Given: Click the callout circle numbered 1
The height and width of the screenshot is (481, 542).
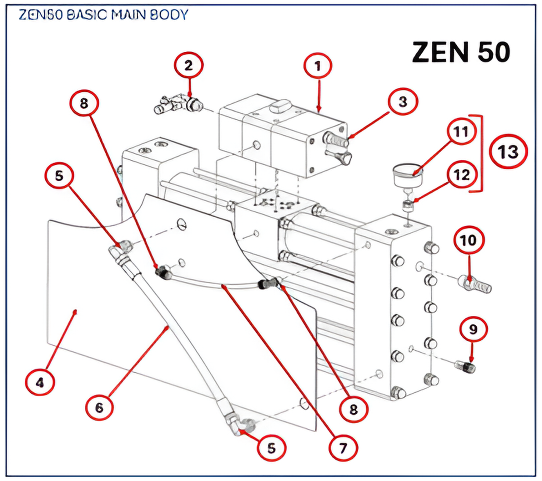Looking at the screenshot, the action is [318, 66].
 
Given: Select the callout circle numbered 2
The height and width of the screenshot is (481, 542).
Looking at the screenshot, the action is [188, 65].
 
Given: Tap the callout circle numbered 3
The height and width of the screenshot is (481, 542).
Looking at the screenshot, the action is [403, 101].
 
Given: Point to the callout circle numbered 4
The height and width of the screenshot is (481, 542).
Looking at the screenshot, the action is [40, 382].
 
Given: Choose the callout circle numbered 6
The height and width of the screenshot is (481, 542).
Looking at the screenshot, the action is [99, 407].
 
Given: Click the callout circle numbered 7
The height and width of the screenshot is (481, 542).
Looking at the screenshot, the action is [343, 448].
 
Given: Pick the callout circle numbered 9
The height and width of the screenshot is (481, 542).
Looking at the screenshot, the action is [473, 329].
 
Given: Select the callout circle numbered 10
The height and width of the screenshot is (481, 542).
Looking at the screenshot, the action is [469, 240].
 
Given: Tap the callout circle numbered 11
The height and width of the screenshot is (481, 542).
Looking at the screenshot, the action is [461, 132].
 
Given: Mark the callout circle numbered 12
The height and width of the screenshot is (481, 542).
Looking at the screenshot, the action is [462, 175].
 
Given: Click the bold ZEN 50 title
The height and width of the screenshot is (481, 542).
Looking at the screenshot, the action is [461, 52].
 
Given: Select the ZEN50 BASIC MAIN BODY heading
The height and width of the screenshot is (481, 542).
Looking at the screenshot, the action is [103, 15].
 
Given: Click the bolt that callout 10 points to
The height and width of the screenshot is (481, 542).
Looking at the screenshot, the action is [474, 284].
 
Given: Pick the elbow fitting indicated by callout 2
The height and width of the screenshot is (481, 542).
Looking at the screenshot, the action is [178, 105].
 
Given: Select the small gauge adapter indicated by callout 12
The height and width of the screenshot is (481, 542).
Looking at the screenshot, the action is [408, 205].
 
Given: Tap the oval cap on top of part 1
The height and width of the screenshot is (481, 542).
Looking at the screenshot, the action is [281, 106].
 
